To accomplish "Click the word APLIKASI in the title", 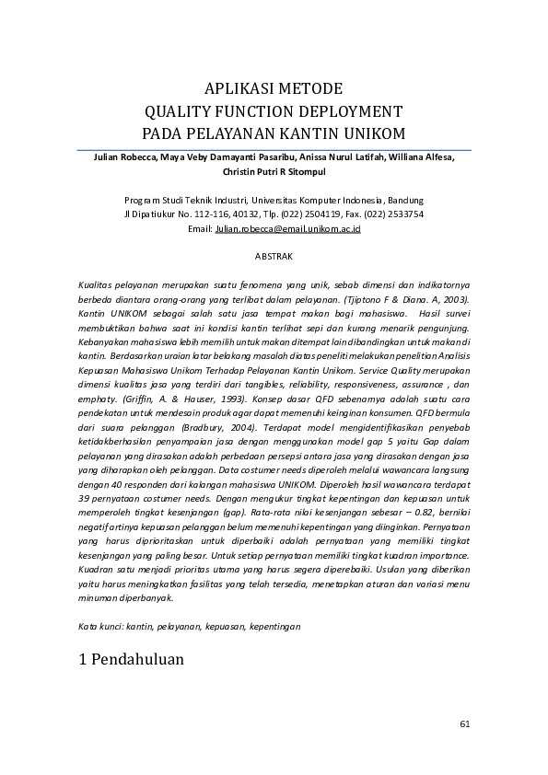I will point(235,89).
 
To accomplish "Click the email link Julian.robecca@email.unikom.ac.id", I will point(287,227).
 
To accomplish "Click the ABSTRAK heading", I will point(274,255).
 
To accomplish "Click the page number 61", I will point(464,723).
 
